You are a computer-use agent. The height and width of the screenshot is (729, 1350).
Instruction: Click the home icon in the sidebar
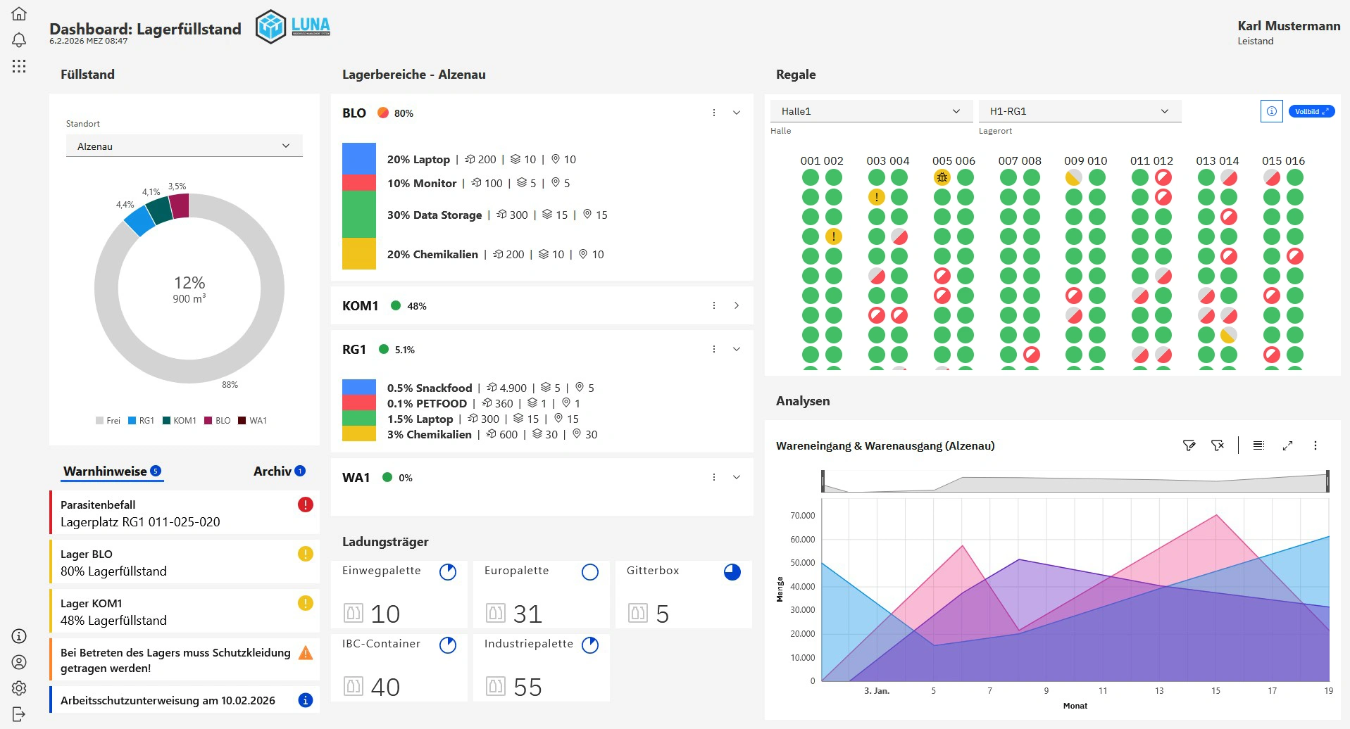19,13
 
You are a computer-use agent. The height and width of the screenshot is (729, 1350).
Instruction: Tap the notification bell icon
19,39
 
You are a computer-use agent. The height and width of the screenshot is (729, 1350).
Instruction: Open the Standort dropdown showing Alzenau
184,146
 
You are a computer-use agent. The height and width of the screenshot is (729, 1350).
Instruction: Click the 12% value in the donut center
189,283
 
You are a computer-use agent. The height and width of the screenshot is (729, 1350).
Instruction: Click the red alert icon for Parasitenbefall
305,505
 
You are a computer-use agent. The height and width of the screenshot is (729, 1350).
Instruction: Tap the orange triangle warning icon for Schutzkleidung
305,653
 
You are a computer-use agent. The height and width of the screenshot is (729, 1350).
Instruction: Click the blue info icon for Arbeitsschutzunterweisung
305,700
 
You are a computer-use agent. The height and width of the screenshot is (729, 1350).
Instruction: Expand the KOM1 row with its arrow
736,305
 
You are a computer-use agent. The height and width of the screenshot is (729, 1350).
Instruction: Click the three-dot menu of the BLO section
713,113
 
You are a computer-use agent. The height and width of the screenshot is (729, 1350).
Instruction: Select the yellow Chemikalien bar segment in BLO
358,254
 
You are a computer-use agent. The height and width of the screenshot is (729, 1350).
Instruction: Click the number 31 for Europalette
527,614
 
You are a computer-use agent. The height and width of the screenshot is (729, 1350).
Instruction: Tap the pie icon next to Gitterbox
732,572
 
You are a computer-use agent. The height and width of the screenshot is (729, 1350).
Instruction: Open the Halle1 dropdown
870,111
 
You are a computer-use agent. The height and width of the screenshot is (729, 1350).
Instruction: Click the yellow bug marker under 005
942,177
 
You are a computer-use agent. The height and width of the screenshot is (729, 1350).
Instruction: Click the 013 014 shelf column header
1217,160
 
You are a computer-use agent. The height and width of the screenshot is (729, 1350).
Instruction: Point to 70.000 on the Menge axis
802,516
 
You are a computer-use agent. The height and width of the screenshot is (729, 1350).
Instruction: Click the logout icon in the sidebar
19,714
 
